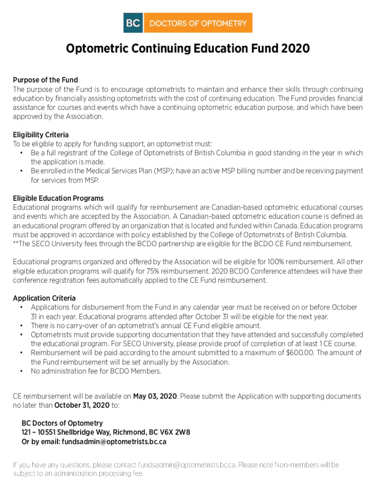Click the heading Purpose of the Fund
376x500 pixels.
[45, 80]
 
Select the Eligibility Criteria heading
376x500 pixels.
[41, 134]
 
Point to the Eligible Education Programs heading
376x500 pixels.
[58, 198]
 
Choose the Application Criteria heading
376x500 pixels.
[44, 298]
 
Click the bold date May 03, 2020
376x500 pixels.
[155, 396]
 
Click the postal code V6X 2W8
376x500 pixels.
[175, 432]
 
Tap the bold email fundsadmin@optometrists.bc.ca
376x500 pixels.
[114, 441]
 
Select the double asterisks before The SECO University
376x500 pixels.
[16, 244]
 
